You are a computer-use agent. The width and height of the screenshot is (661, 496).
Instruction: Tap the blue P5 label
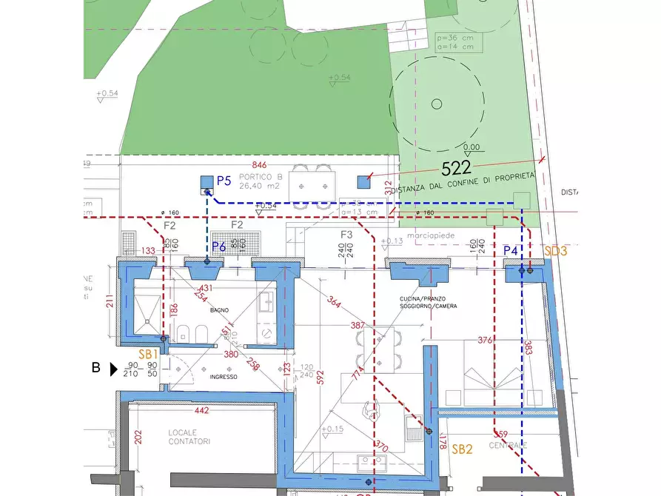(x=224, y=181)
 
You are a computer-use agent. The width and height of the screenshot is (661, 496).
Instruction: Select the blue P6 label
(x=219, y=247)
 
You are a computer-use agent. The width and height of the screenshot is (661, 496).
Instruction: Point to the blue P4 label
(x=511, y=251)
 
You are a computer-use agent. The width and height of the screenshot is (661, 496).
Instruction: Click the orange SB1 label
(x=149, y=355)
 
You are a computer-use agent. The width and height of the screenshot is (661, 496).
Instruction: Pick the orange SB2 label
(x=462, y=449)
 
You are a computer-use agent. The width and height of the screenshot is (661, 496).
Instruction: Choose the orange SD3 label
(x=555, y=251)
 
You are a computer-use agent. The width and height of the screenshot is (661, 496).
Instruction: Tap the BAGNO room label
(x=219, y=310)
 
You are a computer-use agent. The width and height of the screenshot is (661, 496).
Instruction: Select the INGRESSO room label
(x=223, y=377)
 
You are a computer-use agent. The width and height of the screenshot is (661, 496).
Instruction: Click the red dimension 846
(x=259, y=164)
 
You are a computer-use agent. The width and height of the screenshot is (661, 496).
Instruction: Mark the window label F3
(x=346, y=235)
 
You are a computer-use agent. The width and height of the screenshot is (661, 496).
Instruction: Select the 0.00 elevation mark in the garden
(x=471, y=147)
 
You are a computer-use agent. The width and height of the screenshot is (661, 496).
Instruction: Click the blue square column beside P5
(x=207, y=181)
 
